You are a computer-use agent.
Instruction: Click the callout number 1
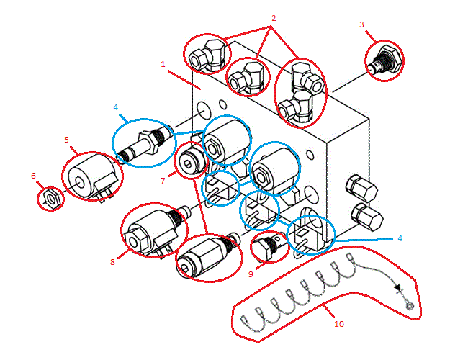pos(163,64)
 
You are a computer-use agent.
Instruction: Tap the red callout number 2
pos(273,17)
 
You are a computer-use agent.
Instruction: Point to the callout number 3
pos(361,24)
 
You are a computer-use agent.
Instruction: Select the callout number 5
pos(66,140)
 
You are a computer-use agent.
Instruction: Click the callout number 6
pos(33,175)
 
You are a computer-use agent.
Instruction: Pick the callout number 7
pos(163,181)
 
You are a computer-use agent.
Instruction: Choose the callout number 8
pos(112,262)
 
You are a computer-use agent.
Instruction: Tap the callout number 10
pos(339,323)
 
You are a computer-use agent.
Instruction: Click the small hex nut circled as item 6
pos(50,197)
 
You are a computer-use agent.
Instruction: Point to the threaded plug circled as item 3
pos(382,60)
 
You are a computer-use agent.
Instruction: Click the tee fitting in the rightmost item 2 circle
pos(300,94)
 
